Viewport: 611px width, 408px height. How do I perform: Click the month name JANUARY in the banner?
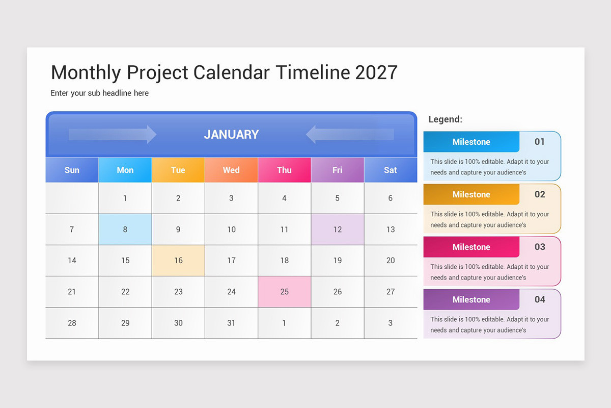tap(231, 135)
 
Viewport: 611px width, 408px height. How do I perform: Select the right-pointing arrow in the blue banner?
tap(113, 135)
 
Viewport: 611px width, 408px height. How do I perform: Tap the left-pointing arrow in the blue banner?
tap(350, 135)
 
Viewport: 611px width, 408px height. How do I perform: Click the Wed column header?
tap(231, 170)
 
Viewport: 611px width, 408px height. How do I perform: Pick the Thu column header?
tap(284, 170)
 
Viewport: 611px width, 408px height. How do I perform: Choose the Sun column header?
tap(72, 170)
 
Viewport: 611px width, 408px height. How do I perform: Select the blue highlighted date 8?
tap(125, 229)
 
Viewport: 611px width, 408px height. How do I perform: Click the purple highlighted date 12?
tap(338, 229)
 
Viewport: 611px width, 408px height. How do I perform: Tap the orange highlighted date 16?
tap(178, 261)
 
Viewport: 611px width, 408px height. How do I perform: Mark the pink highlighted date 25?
tap(284, 292)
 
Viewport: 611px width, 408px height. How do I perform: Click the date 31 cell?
tap(231, 323)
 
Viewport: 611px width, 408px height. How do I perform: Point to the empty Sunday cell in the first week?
tap(72, 198)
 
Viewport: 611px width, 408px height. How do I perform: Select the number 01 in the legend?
tap(540, 142)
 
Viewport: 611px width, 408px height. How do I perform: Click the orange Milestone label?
tap(471, 194)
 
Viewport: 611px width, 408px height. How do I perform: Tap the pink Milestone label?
tap(471, 247)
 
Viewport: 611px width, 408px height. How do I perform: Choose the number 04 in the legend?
tap(540, 299)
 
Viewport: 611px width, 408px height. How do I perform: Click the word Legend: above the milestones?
tap(446, 119)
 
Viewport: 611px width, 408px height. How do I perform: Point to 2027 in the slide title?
tap(376, 72)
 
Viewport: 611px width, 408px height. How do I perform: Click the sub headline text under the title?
tap(100, 93)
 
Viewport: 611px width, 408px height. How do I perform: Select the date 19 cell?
tap(338, 261)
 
